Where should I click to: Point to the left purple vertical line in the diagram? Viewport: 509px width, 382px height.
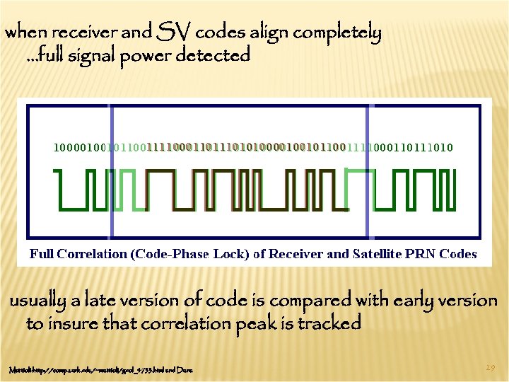pos(111,170)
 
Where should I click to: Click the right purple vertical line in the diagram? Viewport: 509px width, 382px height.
pos(368,170)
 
